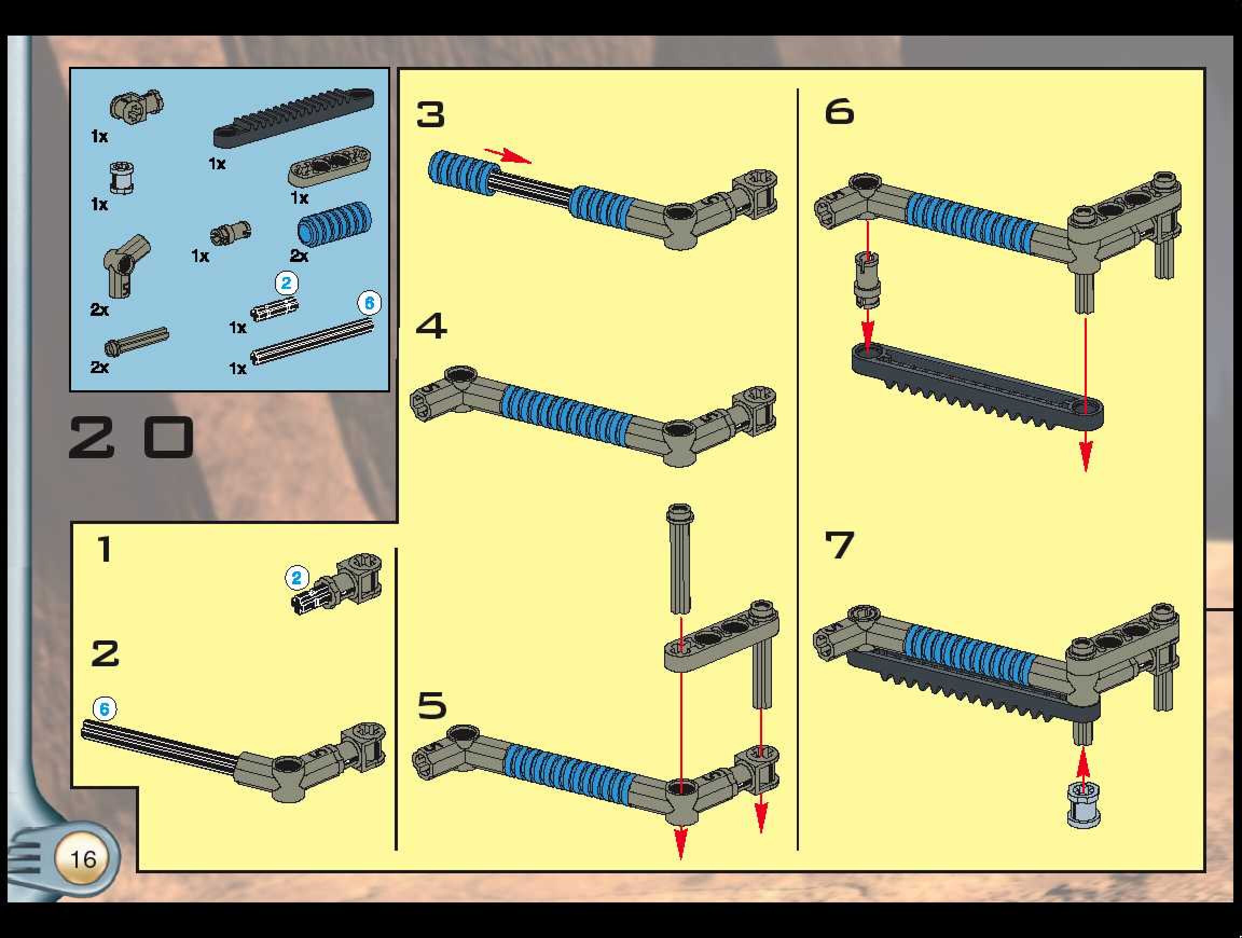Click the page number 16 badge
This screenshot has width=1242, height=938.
[x=82, y=858]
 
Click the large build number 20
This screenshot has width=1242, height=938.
[x=132, y=437]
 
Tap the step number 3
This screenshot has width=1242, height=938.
[x=431, y=115]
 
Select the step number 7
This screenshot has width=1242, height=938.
[x=839, y=545]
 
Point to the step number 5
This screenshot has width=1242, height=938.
[x=432, y=705]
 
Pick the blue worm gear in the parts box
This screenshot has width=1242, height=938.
[x=335, y=223]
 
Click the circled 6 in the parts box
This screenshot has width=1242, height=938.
[x=369, y=303]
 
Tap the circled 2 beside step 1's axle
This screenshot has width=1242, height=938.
[x=297, y=577]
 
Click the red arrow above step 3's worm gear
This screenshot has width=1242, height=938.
[x=508, y=155]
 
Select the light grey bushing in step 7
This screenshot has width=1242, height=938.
[x=1083, y=804]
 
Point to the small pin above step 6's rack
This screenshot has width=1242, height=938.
[x=867, y=280]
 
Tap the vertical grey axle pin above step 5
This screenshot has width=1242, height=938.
[x=680, y=558]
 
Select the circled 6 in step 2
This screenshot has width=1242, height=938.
[x=105, y=709]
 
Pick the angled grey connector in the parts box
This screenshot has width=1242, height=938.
[x=126, y=263]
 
